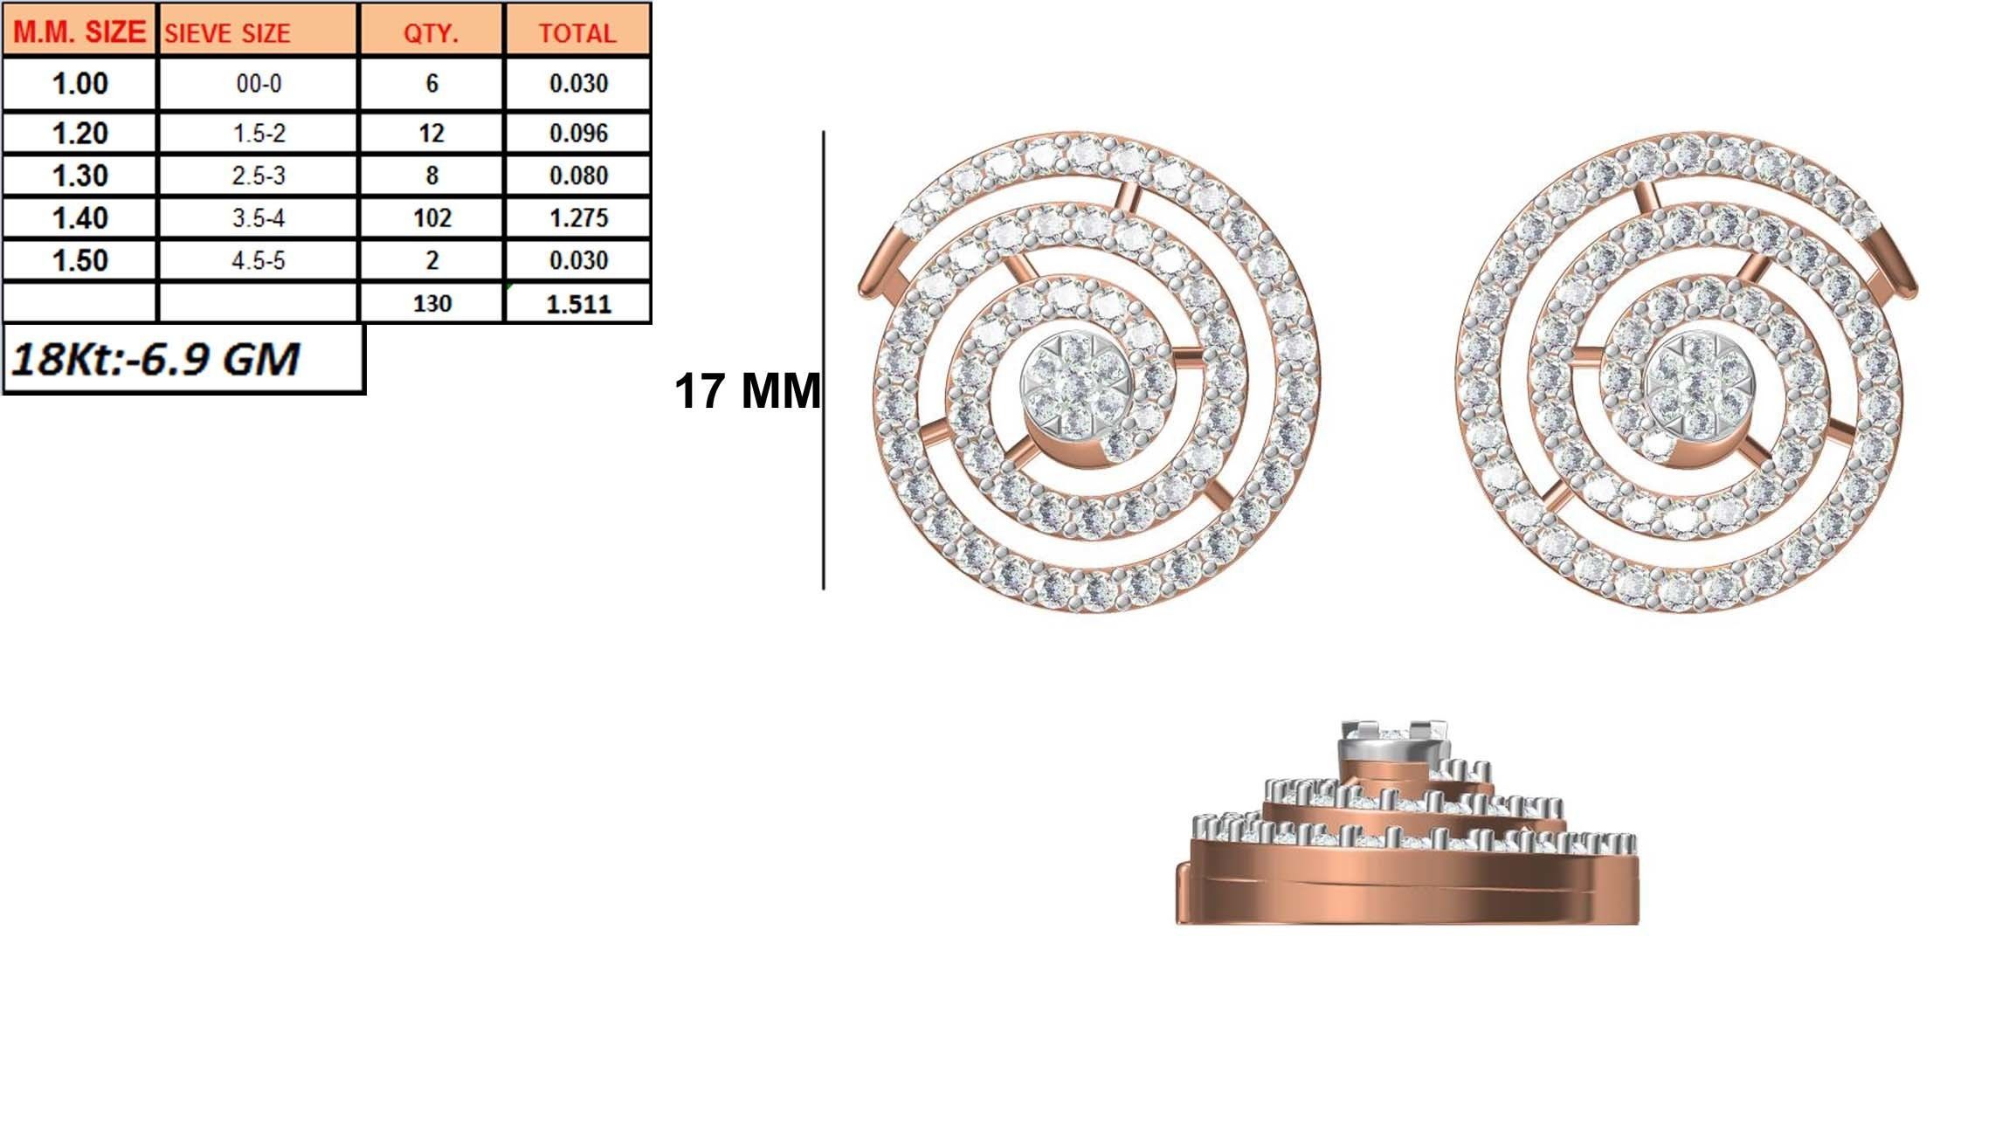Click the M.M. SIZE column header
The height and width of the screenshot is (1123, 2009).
79,32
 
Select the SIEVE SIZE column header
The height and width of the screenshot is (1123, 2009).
227,33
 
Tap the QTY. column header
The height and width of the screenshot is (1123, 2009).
431,33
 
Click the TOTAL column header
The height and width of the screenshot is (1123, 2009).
577,33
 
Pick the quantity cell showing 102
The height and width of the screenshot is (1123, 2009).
431,217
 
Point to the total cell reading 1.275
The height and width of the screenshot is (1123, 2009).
578,217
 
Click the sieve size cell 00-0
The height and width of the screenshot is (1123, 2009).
259,84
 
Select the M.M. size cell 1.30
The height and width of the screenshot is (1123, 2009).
79,176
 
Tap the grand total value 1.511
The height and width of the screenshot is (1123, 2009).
578,304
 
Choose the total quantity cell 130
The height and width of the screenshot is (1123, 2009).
431,304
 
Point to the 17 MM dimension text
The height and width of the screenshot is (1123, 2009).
747,390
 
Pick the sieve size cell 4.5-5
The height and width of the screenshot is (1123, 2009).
259,260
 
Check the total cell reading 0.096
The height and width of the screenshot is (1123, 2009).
578,134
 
